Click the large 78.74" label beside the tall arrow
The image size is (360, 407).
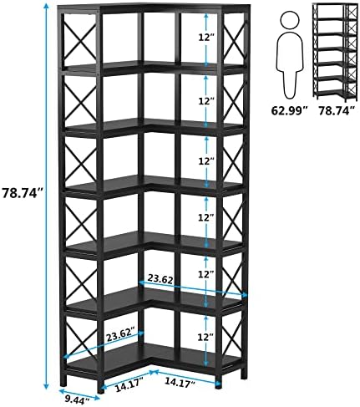pos(23,193)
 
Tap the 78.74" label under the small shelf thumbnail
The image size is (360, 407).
pos(337,111)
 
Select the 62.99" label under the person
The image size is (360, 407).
pos(290,111)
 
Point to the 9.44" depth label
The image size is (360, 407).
pos(77,400)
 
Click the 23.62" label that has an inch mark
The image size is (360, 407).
pos(121,336)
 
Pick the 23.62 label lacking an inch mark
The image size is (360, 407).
pos(160,279)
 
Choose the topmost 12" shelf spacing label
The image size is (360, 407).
pos(206,37)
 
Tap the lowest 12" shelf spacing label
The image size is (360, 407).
pos(205,338)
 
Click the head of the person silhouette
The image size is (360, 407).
pos(290,19)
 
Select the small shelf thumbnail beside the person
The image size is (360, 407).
pos(335,50)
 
